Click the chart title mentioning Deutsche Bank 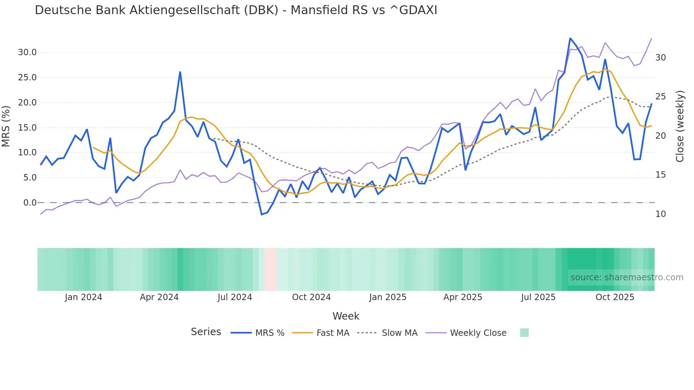pyautogui.click(x=236, y=10)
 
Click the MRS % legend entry pyautogui.click(x=257, y=333)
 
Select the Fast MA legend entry pyautogui.click(x=320, y=333)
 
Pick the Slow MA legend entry pyautogui.click(x=387, y=333)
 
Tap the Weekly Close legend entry pyautogui.click(x=466, y=333)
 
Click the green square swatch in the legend pyautogui.click(x=524, y=333)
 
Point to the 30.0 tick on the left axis pyautogui.click(x=27, y=52)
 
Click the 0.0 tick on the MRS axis pyautogui.click(x=30, y=203)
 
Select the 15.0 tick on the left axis pyautogui.click(x=27, y=128)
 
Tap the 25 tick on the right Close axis pyautogui.click(x=660, y=97)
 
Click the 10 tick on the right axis pyautogui.click(x=660, y=214)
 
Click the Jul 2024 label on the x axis pyautogui.click(x=235, y=297)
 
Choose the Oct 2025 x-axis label pyautogui.click(x=615, y=297)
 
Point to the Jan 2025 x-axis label pyautogui.click(x=387, y=297)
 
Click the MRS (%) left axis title pyautogui.click(x=6, y=126)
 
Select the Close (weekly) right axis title pyautogui.click(x=679, y=126)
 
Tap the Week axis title pyautogui.click(x=346, y=316)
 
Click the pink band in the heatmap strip pyautogui.click(x=270, y=269)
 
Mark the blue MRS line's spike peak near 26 pyautogui.click(x=180, y=72)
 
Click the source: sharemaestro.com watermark pyautogui.click(x=627, y=277)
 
